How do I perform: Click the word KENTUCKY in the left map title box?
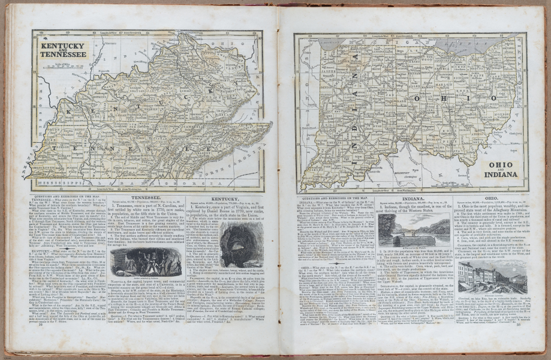62,46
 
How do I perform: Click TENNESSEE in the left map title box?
62,54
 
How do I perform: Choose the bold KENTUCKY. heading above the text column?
225,199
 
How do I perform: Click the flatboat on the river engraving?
414,232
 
